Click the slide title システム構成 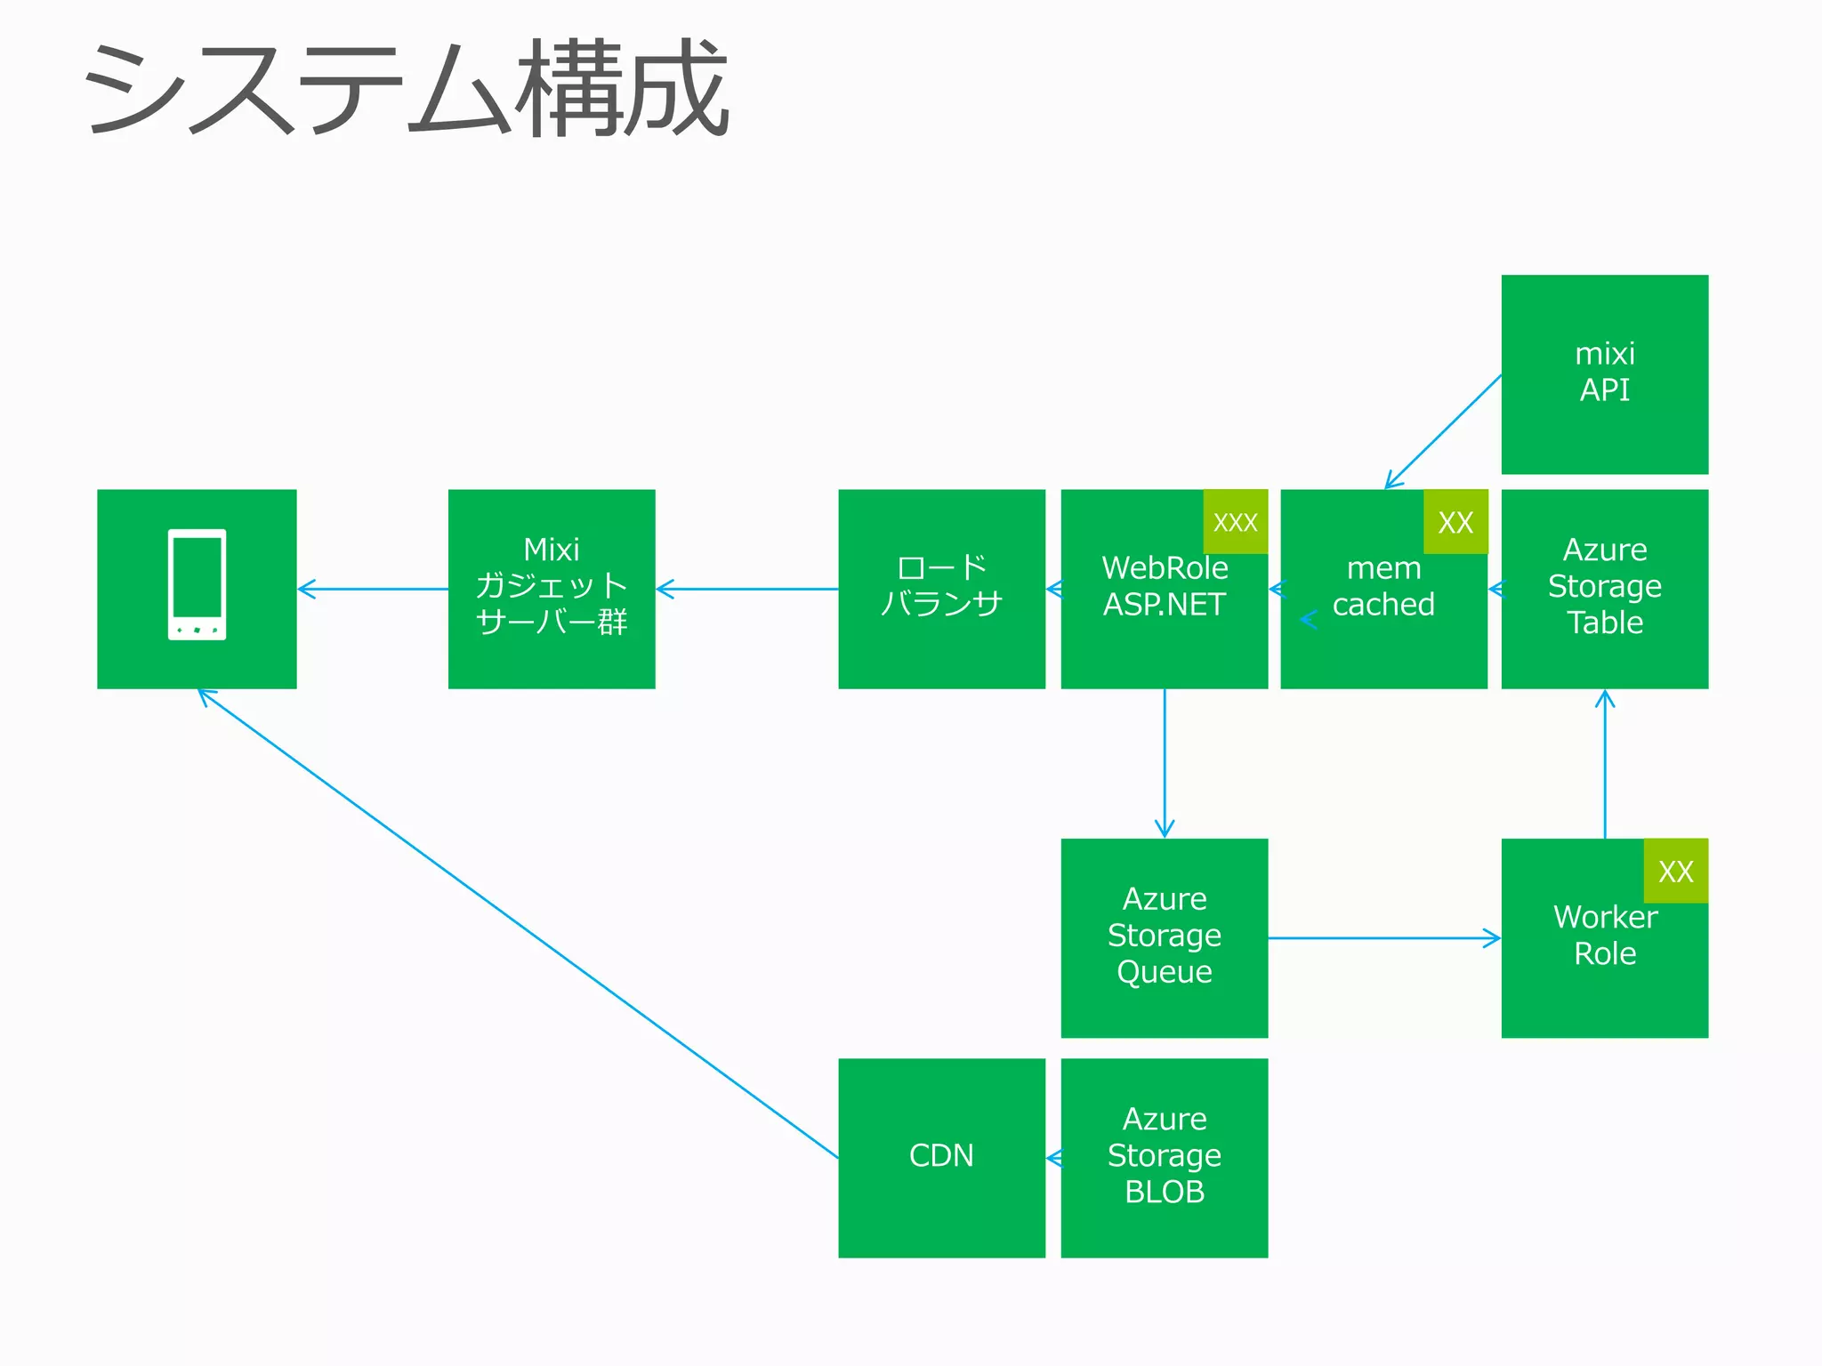pyautogui.click(x=405, y=89)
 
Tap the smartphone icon pyautogui.click(x=197, y=584)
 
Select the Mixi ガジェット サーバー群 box pyautogui.click(x=552, y=588)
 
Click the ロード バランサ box pyautogui.click(x=941, y=588)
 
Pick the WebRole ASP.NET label pyautogui.click(x=1164, y=587)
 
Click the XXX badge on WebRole pyautogui.click(x=1235, y=522)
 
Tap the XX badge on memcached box pyautogui.click(x=1455, y=522)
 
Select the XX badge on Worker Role pyautogui.click(x=1675, y=872)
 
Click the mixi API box pyautogui.click(x=1604, y=374)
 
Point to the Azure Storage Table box pyautogui.click(x=1604, y=588)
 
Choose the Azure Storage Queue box pyautogui.click(x=1164, y=936)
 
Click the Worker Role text pyautogui.click(x=1604, y=936)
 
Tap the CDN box pyautogui.click(x=941, y=1156)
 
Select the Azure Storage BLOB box pyautogui.click(x=1164, y=1156)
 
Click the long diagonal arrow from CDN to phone pyautogui.click(x=516, y=922)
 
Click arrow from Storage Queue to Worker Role pyautogui.click(x=1383, y=938)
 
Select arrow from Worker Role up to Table pyautogui.click(x=1605, y=765)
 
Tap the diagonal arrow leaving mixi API pyautogui.click(x=1443, y=431)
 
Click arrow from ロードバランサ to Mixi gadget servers pyautogui.click(x=747, y=589)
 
